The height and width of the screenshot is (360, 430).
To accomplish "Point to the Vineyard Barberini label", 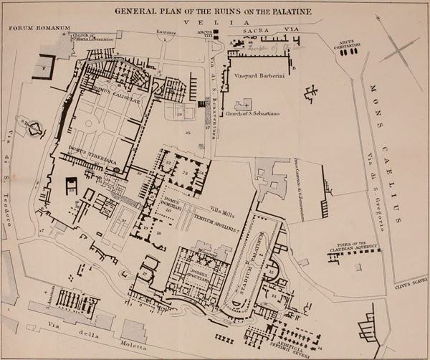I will (x=259, y=75).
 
